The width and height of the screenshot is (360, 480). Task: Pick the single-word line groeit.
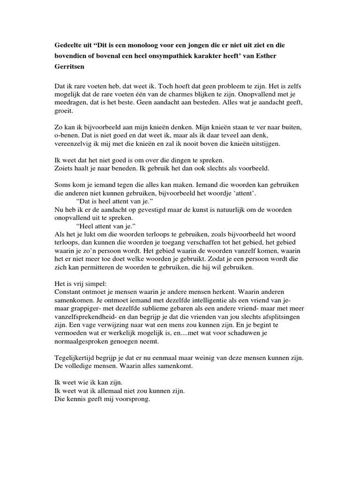64,112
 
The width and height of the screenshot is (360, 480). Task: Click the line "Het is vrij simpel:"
81,284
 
